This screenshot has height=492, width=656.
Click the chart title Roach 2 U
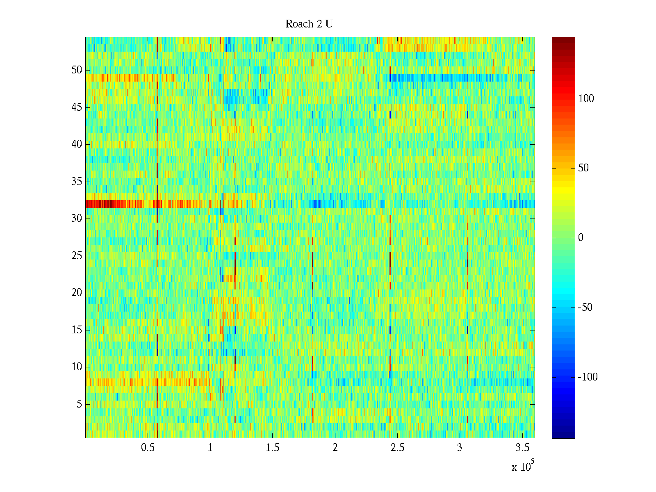[x=309, y=24]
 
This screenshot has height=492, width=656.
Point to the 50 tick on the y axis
[x=77, y=70]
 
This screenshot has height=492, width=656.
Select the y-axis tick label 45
[x=77, y=107]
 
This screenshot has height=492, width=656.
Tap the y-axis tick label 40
[x=77, y=144]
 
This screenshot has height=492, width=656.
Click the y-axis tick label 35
[x=77, y=182]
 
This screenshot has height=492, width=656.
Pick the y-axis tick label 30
[x=77, y=219]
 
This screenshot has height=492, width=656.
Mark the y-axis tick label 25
[x=77, y=256]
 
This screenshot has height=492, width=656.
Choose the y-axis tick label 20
[x=77, y=293]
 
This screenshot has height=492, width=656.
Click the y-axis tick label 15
[x=77, y=330]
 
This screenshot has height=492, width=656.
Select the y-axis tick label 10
[x=77, y=367]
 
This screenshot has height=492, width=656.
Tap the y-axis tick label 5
[x=79, y=404]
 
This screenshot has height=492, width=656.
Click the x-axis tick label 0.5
[x=148, y=448]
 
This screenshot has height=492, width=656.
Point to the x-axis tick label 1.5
[x=272, y=448]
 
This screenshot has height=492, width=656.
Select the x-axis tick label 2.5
[x=397, y=448]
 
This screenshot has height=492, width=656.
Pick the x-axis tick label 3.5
[x=522, y=448]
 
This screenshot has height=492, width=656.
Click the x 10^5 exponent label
[x=522, y=467]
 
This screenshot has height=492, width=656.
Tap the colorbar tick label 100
[x=586, y=99]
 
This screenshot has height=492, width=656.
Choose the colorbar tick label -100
[x=588, y=377]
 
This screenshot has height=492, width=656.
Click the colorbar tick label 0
[x=581, y=238]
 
